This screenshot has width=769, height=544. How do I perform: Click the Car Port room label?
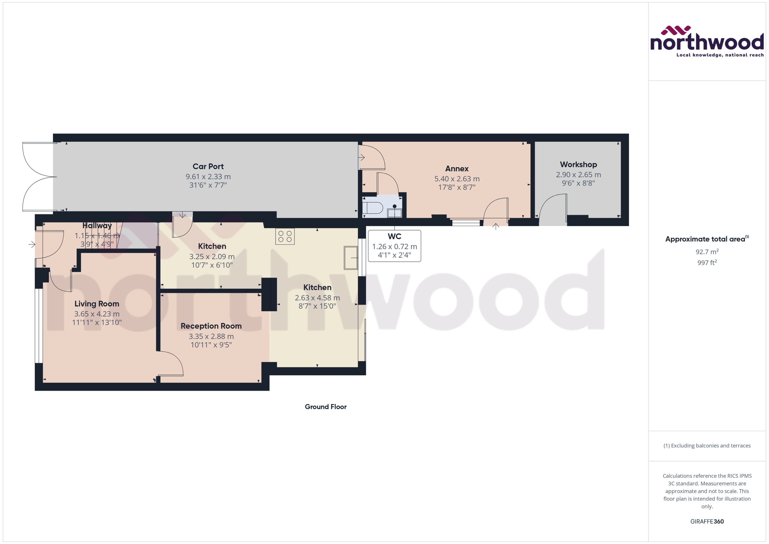[x=208, y=166]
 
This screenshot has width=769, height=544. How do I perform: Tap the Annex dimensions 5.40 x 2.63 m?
[x=457, y=179]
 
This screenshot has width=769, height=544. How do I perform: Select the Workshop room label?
[x=578, y=164]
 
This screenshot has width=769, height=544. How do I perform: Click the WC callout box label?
[x=394, y=237]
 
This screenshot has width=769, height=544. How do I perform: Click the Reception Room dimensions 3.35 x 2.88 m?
[x=211, y=336]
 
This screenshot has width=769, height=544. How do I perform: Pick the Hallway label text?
[x=97, y=226]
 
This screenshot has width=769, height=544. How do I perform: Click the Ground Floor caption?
[x=325, y=407]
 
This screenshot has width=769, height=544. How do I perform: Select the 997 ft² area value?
[x=707, y=263]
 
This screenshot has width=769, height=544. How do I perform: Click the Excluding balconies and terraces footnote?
[x=707, y=446]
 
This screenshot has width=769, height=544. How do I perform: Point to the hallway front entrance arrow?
[x=32, y=244]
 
